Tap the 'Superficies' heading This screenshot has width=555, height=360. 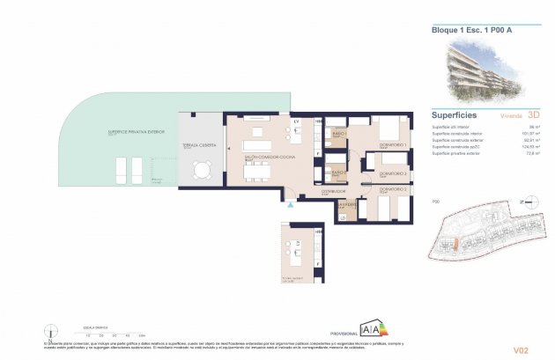pyautogui.click(x=455, y=114)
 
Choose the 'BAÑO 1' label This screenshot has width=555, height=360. pyautogui.click(x=337, y=134)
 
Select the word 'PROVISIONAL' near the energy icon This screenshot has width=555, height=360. pyautogui.click(x=344, y=334)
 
